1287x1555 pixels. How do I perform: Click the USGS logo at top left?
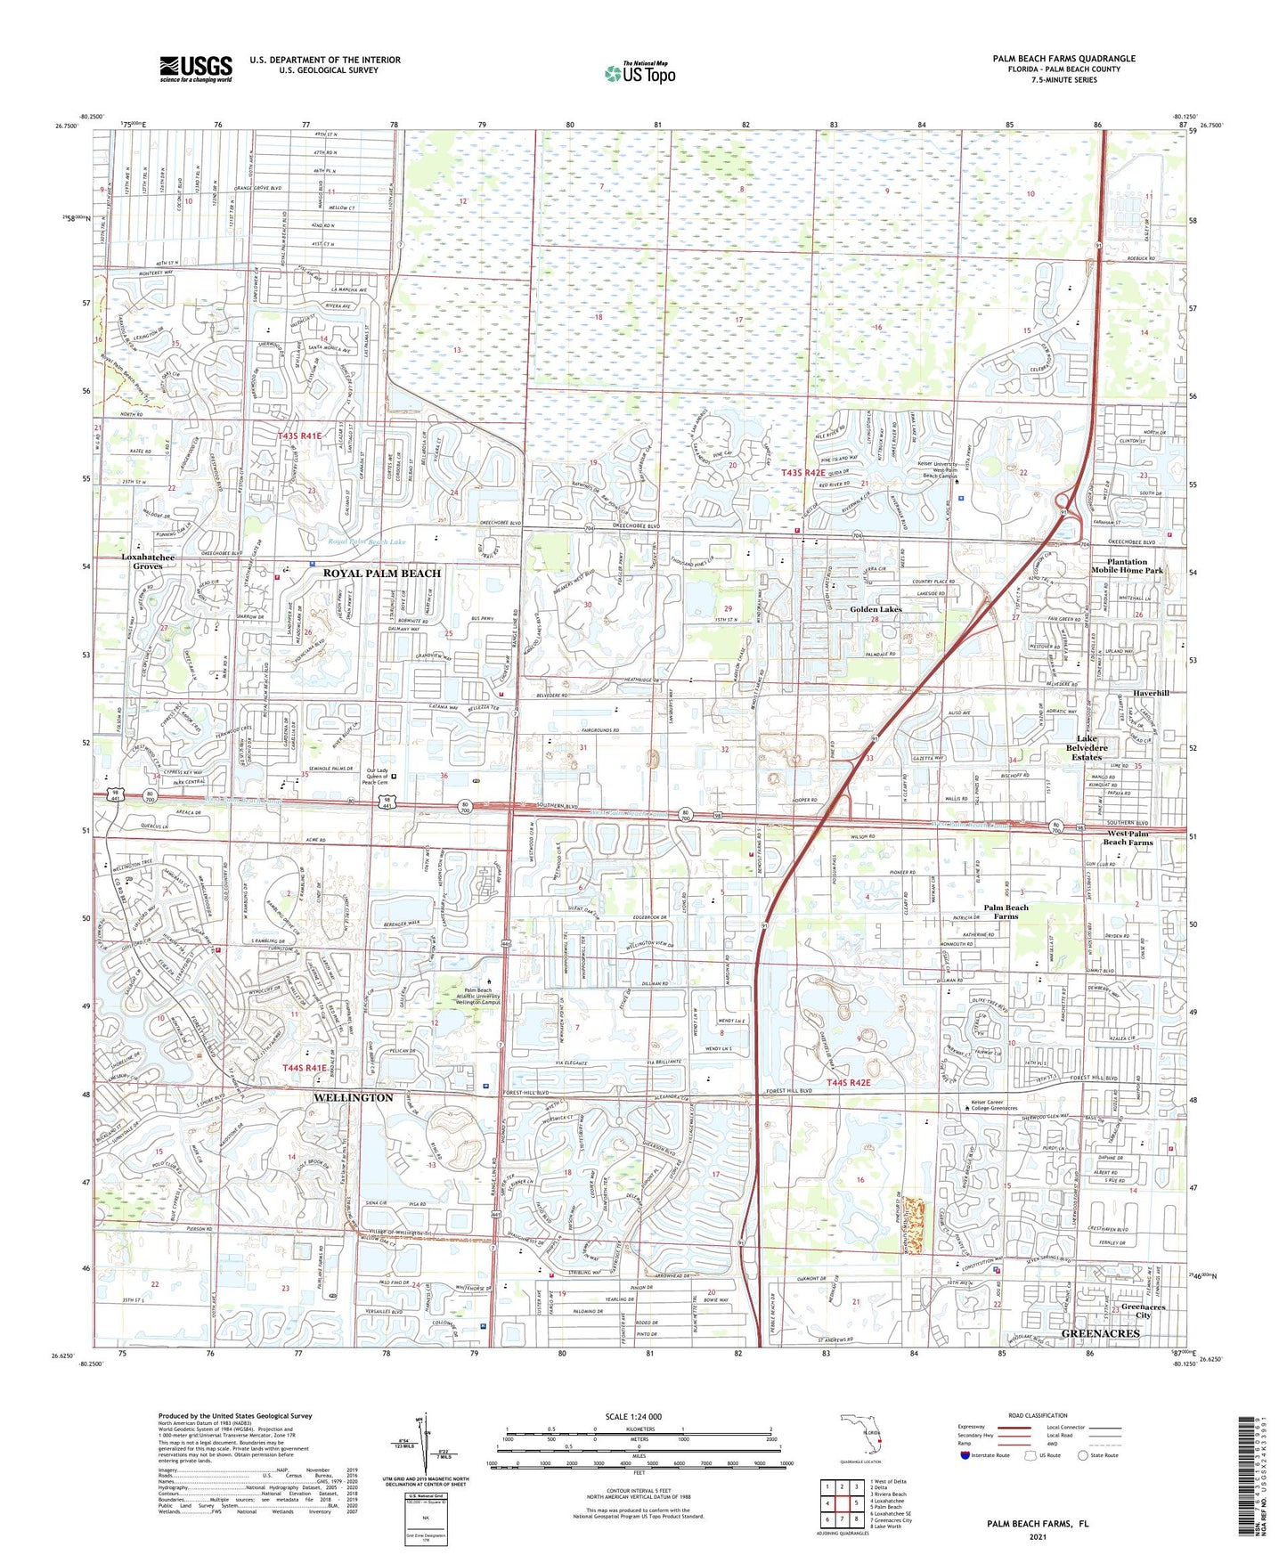[x=196, y=69]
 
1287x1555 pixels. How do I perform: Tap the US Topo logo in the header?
[x=639, y=73]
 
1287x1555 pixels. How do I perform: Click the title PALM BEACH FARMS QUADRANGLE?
[x=1063, y=59]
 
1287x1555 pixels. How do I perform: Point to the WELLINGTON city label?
[x=353, y=1097]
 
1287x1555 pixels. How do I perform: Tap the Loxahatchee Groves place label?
[x=148, y=561]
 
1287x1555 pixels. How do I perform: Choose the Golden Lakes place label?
[x=876, y=609]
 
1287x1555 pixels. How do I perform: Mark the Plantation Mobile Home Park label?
[x=1128, y=566]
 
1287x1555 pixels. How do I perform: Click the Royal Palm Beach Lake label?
[x=366, y=541]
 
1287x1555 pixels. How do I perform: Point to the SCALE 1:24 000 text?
[x=632, y=1417]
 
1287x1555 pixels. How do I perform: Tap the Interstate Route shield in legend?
[x=966, y=1455]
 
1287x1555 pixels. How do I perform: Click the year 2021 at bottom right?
[x=1037, y=1536]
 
